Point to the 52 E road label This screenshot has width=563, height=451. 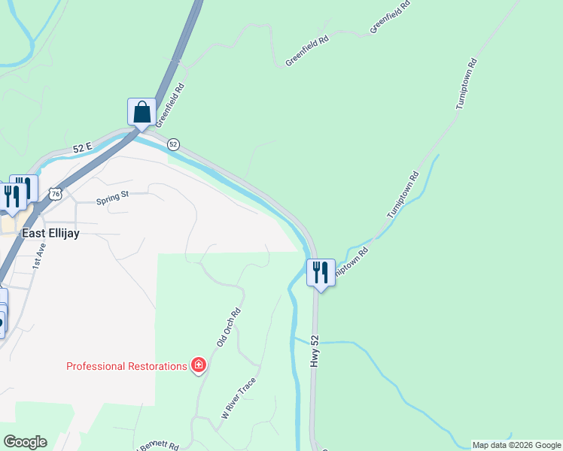coord(82,148)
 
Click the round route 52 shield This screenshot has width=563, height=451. coord(173,144)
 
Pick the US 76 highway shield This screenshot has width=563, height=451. coord(55,194)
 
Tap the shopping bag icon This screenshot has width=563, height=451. coord(142,113)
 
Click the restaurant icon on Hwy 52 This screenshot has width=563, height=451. coord(321,272)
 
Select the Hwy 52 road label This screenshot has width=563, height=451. coord(315,352)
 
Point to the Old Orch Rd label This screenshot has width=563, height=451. coord(228,327)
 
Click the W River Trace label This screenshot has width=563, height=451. coord(239,398)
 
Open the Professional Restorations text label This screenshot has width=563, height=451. coord(126,366)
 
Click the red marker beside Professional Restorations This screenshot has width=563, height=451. coord(199,365)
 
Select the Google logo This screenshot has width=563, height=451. coord(25,442)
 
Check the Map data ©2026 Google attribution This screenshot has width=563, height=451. coord(516,445)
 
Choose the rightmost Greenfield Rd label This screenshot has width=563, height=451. coord(391,17)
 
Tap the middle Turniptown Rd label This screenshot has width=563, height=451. coord(403,195)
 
